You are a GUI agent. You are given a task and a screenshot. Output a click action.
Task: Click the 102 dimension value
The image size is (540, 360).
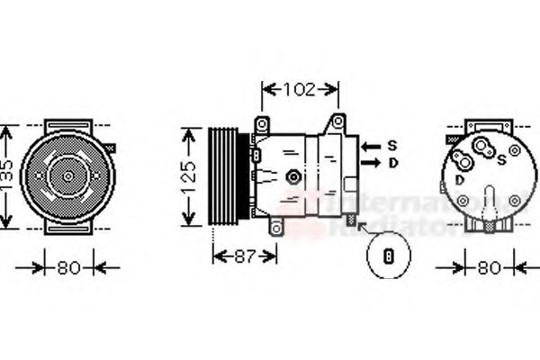(300, 89)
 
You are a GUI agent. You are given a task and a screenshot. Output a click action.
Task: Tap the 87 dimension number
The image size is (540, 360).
(245, 256)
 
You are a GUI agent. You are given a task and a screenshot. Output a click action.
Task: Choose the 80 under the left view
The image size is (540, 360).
(69, 266)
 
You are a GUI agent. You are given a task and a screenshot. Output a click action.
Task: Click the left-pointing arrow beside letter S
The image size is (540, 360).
(370, 145)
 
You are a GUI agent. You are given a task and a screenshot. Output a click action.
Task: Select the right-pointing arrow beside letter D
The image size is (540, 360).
(370, 163)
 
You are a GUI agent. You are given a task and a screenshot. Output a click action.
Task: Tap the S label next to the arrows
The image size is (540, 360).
(392, 145)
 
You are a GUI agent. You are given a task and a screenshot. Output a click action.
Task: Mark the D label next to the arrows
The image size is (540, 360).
(392, 163)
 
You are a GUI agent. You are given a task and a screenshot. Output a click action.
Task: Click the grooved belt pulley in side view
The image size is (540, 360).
(223, 175)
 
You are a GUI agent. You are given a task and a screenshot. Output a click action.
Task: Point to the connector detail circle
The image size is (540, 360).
(389, 256)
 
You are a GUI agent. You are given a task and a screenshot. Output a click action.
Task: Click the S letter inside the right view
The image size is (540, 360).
(500, 160)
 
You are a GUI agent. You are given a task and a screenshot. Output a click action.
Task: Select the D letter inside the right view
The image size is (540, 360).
(460, 180)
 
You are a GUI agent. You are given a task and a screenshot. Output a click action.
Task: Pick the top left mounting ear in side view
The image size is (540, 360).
(262, 123)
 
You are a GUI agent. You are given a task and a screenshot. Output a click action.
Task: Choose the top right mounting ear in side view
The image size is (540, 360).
(337, 121)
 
